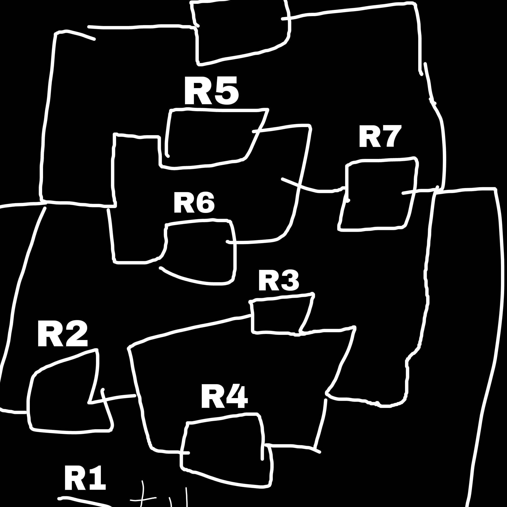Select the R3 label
click(278, 281)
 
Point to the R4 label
click(224, 397)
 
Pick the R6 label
click(194, 203)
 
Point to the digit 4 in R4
click(236, 397)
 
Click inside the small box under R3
click(278, 316)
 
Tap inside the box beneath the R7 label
click(378, 194)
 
